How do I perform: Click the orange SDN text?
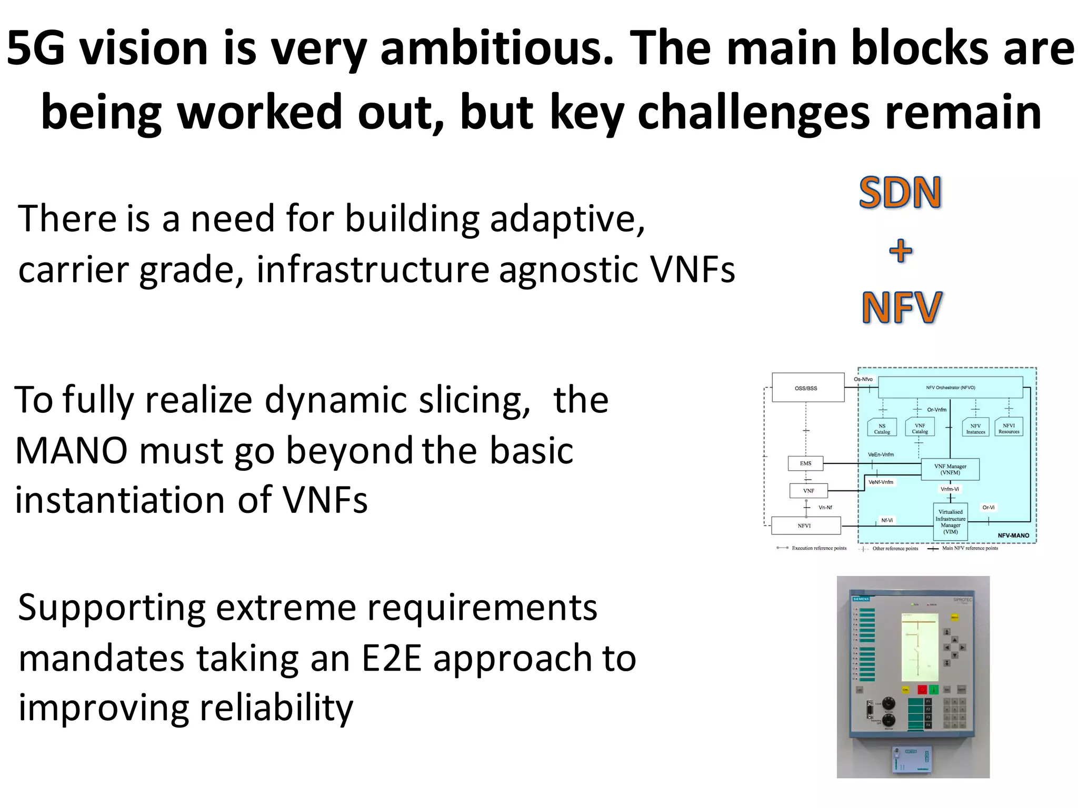coord(900,193)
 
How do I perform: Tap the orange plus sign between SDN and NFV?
coord(901,251)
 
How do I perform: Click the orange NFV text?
coord(902,308)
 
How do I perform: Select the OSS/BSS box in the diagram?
coord(807,388)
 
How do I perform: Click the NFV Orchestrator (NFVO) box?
coord(950,387)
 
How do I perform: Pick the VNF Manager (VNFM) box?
coord(950,469)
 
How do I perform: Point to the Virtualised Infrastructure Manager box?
coord(950,521)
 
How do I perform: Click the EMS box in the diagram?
coord(805,463)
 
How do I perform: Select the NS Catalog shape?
coord(882,428)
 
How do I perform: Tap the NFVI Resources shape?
coord(1009,428)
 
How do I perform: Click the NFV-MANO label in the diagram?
coord(1013,536)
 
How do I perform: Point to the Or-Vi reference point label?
coord(988,508)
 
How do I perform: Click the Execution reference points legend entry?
coord(819,548)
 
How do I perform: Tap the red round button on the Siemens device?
coord(922,689)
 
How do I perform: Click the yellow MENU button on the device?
coord(954,617)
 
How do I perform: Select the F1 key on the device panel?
coord(929,702)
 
